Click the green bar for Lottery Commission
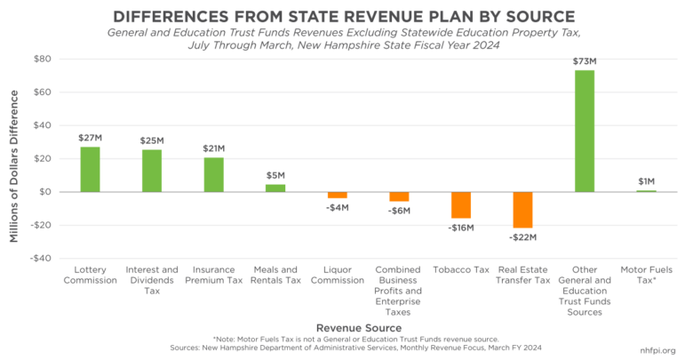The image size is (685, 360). click(x=91, y=169)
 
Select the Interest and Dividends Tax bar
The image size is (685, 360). click(x=152, y=171)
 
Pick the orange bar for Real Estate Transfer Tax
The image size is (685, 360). click(x=522, y=210)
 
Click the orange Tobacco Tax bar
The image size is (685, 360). click(x=460, y=205)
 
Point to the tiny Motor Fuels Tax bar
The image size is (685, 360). click(x=646, y=191)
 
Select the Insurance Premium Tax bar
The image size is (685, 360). click(x=214, y=174)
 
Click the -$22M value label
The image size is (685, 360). click(x=522, y=237)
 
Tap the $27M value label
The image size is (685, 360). click(x=91, y=138)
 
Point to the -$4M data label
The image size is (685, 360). click(x=338, y=208)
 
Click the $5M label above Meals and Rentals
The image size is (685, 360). click(x=275, y=175)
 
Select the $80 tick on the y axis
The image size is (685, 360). click(x=42, y=59)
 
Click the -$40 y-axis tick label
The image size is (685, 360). click(x=40, y=259)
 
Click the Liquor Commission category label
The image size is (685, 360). click(x=338, y=275)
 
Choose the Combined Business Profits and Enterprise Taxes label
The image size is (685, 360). click(x=399, y=291)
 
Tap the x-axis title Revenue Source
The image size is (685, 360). click(x=360, y=327)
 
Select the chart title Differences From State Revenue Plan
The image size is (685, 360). click(x=342, y=16)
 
